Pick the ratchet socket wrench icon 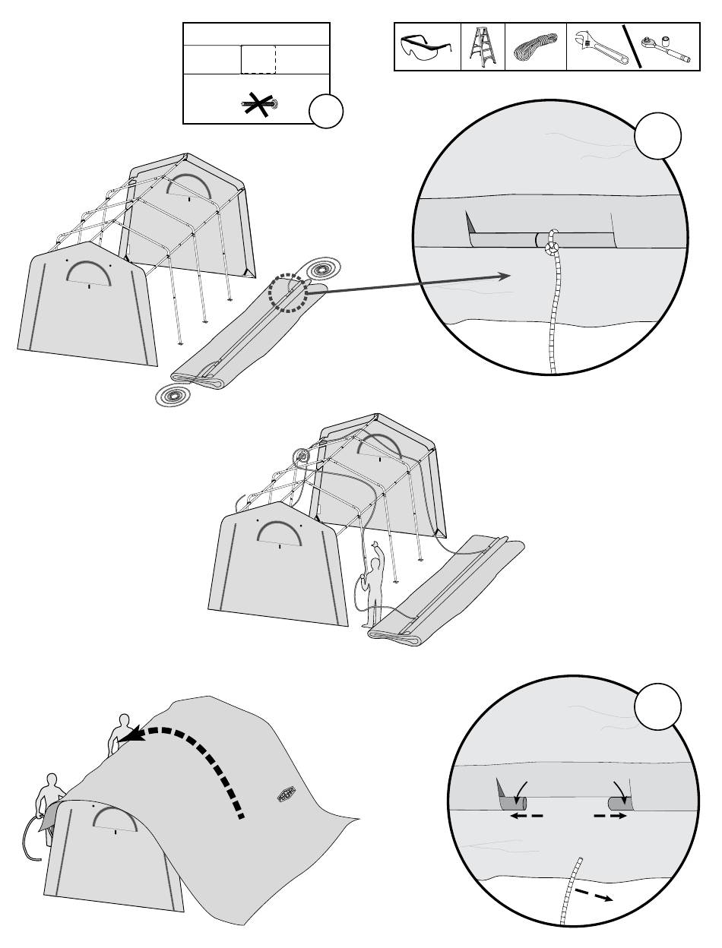point(665,47)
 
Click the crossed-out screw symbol point(258,104)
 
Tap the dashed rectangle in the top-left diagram point(258,59)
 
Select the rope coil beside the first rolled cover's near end point(174,396)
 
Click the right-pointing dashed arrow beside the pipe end point(612,816)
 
